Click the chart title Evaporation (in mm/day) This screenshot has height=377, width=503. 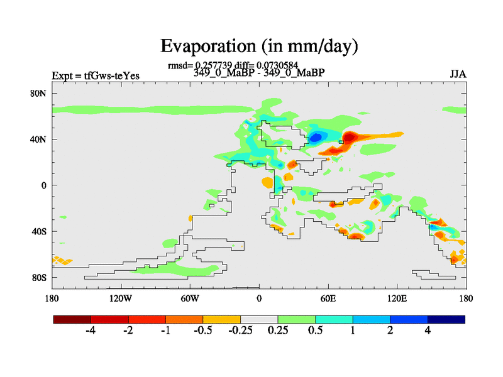(x=259, y=46)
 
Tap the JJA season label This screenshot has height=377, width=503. (x=458, y=74)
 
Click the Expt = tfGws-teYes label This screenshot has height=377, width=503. (x=96, y=76)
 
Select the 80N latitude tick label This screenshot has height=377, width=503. (x=40, y=93)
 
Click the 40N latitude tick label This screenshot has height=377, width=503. (x=40, y=139)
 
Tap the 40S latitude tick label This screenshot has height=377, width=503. (x=40, y=231)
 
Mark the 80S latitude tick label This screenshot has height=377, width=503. (x=40, y=277)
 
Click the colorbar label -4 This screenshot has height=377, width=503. (x=90, y=331)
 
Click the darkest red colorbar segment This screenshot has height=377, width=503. (x=72, y=319)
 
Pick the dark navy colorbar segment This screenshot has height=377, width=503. (x=446, y=319)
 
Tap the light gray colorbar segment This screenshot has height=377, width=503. (x=259, y=319)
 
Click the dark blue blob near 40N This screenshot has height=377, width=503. (x=316, y=136)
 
